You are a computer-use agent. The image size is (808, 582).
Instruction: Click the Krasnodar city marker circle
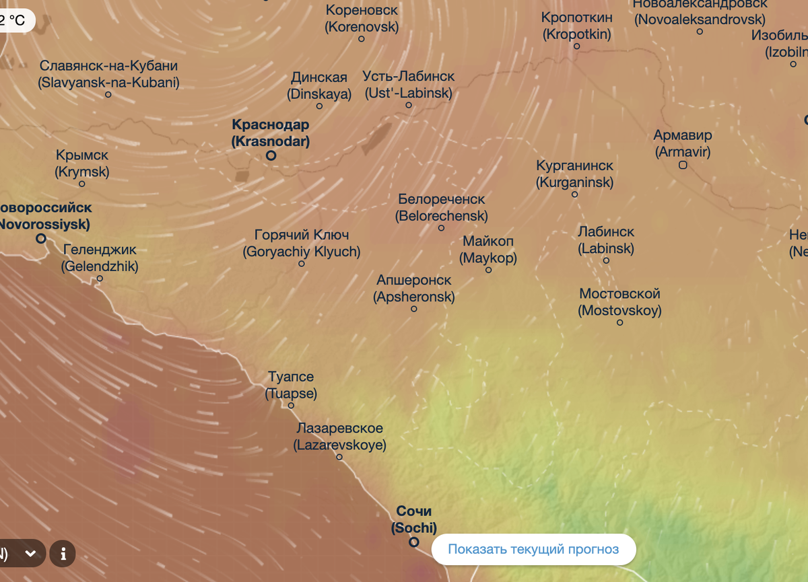[271, 155]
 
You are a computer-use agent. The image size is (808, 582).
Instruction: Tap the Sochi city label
[414, 519]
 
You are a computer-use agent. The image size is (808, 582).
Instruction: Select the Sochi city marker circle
[414, 542]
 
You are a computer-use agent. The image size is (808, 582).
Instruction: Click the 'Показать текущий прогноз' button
[533, 549]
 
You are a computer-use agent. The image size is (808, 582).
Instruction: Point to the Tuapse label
[291, 386]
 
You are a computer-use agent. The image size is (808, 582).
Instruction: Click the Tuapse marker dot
[292, 406]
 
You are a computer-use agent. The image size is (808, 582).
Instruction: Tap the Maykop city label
[488, 250]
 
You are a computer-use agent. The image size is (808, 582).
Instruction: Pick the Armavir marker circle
[683, 165]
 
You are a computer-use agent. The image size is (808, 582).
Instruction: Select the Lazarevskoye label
[339, 437]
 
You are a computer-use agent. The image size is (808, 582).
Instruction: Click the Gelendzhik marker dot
[100, 279]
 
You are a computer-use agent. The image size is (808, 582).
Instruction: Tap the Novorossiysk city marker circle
[41, 239]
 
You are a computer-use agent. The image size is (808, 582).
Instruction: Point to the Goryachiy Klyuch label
[302, 244]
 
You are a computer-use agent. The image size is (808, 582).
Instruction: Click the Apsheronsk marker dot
[414, 309]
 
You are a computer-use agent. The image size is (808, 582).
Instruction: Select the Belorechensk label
[441, 208]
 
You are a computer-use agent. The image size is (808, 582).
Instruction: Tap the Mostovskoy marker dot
[620, 323]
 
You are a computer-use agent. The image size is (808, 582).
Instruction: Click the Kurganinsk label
[574, 174]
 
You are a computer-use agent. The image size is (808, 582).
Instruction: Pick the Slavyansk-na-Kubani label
[108, 75]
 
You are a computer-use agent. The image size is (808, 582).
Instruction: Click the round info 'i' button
[63, 554]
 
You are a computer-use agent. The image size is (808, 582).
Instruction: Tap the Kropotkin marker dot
[576, 46]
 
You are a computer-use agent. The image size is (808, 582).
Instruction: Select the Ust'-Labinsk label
[408, 85]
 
